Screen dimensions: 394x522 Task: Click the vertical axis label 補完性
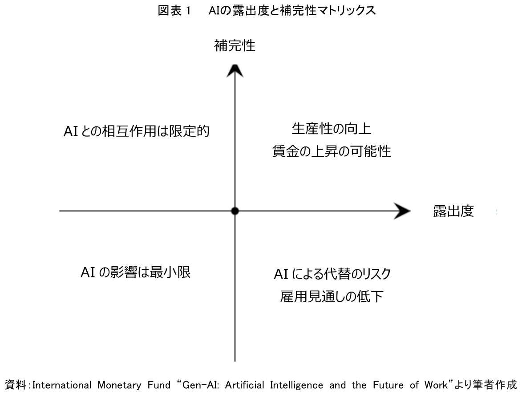point(235,46)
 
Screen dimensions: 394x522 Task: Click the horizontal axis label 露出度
point(453,211)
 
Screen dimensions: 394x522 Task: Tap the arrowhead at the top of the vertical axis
point(235,70)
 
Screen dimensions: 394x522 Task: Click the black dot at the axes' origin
point(235,211)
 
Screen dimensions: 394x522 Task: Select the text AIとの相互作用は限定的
point(136,131)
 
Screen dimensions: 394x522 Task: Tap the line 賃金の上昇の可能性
point(331,152)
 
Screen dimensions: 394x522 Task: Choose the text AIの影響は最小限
point(135,272)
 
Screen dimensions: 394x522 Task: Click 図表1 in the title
point(174,12)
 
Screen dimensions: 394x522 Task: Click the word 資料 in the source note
point(14,384)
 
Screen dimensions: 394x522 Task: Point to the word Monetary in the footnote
point(113,384)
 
